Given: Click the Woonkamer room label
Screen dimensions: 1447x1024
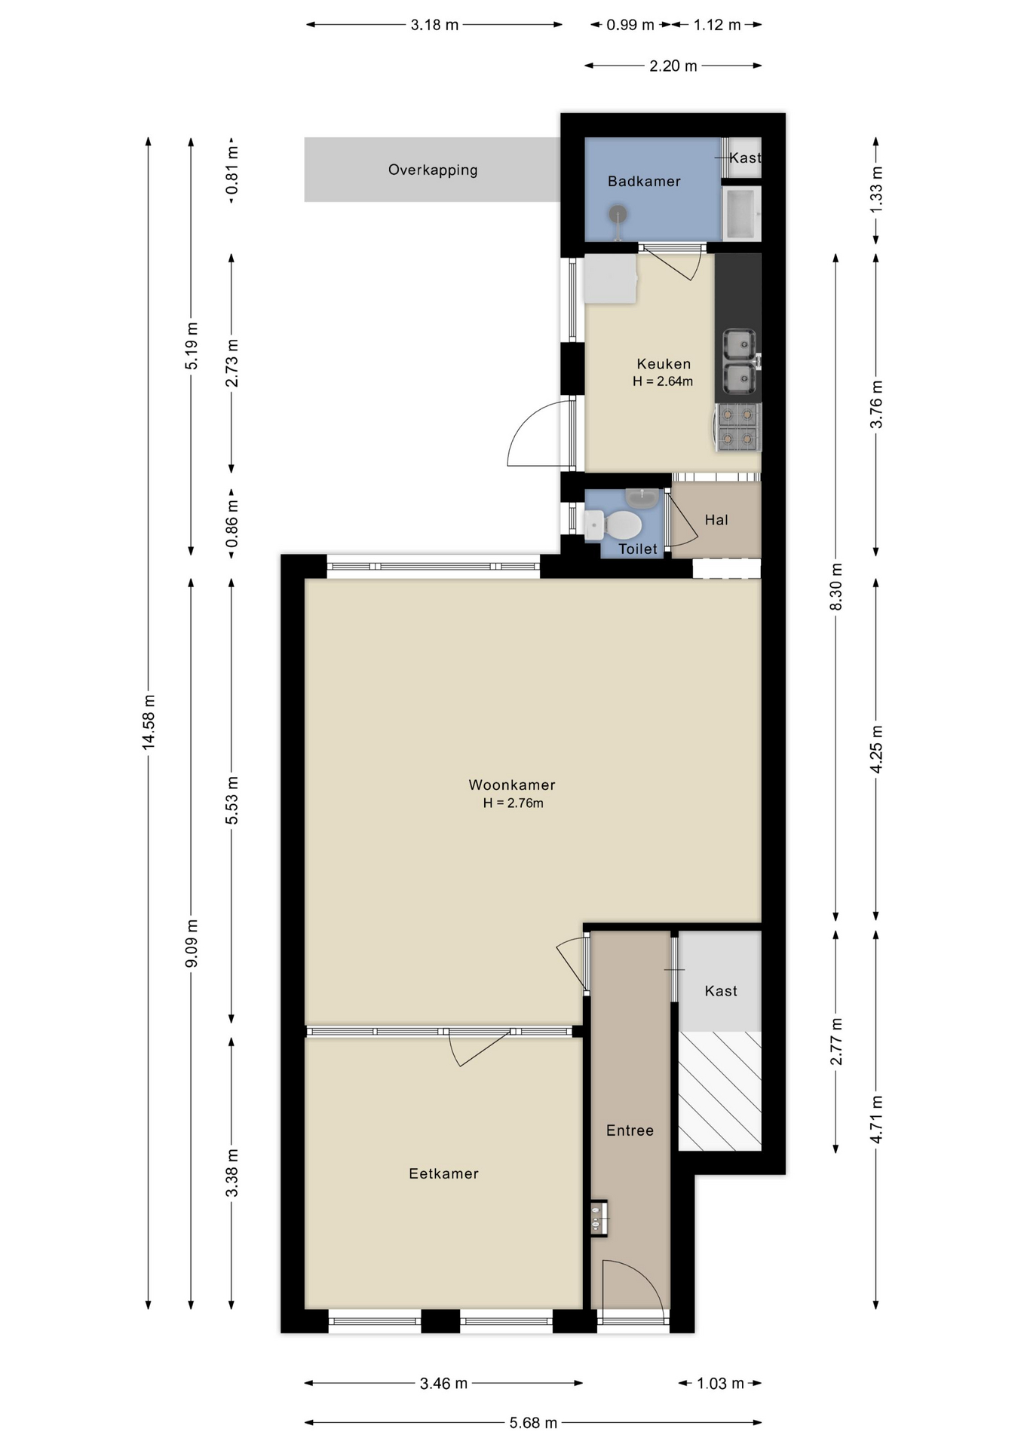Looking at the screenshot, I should coord(512,785).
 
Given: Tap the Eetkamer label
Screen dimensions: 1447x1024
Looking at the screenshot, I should coord(443,1173).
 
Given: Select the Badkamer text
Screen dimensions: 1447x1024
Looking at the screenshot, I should coord(644,182).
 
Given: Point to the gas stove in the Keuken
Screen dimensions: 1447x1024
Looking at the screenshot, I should coord(737,427).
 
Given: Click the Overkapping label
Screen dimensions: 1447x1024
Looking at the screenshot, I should coord(433,170).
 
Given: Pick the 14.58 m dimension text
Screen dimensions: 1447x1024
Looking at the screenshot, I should coord(149,721).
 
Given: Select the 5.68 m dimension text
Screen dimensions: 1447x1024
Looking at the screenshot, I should coord(533,1423).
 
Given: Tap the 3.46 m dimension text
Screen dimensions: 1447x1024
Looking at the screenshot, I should coord(443,1384).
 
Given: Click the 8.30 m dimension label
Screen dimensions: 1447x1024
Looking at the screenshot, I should coord(835,587).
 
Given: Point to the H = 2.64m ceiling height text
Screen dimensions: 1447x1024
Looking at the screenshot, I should coord(663,381).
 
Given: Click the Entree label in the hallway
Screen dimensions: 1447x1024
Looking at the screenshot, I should coord(630,1130).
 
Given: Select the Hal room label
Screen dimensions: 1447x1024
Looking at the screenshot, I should coord(716,520).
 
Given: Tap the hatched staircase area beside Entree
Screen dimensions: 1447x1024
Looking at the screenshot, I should coord(719,1091).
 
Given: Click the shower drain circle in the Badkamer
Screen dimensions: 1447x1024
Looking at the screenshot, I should coord(618,214).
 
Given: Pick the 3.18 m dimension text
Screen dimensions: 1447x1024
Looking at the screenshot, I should coord(434,25).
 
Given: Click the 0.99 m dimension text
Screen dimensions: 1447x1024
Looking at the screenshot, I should coord(630,25).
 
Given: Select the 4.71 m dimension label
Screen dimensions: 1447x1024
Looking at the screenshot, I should coord(876,1119).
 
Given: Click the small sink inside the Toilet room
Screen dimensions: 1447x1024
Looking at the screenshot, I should coord(642,497).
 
